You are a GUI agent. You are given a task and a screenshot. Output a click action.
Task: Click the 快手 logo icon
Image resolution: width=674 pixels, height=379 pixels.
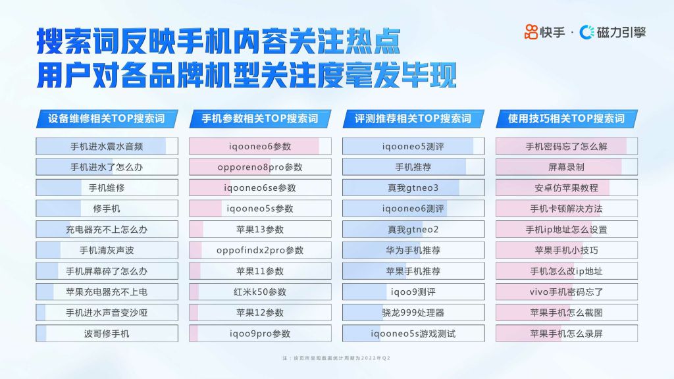click(x=531, y=32)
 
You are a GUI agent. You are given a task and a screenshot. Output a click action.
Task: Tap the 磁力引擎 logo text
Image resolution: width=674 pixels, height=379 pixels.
click(x=621, y=32)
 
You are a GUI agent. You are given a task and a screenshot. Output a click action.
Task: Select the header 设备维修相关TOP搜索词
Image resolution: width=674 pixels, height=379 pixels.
click(x=107, y=118)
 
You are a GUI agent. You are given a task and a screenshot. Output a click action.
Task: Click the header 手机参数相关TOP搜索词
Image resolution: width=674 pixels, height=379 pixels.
click(x=260, y=118)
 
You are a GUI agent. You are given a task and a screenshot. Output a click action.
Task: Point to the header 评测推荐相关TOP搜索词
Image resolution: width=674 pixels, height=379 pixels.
click(x=413, y=118)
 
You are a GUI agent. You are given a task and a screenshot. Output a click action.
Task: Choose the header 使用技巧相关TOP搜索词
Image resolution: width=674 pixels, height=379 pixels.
click(x=567, y=118)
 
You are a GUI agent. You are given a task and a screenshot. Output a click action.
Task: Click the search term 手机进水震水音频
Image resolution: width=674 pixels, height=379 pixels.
click(x=107, y=147)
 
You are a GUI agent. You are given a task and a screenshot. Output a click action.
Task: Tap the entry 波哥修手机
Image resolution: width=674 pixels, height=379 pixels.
click(x=107, y=334)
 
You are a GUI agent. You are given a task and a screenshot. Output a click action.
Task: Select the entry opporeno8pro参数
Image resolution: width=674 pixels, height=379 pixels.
click(x=260, y=167)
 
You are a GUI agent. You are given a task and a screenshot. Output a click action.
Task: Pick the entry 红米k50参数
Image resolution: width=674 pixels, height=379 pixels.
click(x=260, y=292)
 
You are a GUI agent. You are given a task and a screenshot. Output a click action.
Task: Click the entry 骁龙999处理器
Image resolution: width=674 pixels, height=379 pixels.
click(x=413, y=313)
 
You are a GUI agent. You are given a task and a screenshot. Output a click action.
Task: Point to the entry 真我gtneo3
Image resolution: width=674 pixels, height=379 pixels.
click(x=413, y=188)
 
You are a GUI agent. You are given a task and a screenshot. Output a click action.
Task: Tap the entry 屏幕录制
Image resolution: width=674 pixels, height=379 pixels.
click(x=567, y=167)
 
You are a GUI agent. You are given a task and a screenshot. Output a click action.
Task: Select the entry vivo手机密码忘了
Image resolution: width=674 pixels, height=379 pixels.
click(x=567, y=292)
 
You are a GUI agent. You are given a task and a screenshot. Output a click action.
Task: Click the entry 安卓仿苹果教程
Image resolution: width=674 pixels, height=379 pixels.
click(x=567, y=188)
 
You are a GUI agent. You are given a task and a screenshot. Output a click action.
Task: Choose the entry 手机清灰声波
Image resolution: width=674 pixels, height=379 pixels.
click(x=107, y=251)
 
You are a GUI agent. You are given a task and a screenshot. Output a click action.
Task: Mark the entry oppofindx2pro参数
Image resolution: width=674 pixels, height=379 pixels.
click(x=260, y=251)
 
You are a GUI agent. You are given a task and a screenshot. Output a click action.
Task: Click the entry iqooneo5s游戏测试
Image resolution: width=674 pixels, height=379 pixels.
click(x=413, y=334)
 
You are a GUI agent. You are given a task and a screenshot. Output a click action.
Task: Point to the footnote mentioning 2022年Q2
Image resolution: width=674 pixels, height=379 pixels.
click(x=336, y=358)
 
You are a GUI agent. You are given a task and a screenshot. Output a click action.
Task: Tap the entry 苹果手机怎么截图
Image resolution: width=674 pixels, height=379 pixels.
click(x=567, y=313)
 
